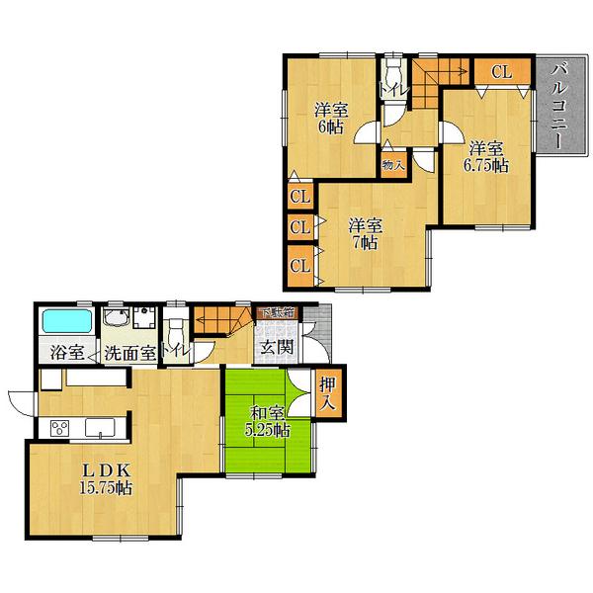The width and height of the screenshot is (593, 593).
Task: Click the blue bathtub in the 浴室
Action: coord(64,322)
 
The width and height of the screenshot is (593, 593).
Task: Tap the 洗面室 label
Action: coord(130,352)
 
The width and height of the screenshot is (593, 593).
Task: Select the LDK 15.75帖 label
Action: coord(108,478)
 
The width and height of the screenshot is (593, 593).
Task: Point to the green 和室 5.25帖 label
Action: coord(268,421)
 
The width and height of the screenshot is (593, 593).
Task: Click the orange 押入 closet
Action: coord(327,394)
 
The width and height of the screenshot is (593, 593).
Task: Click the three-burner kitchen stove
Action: coord(57,428)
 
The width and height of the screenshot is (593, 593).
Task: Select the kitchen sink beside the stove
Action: coord(100,427)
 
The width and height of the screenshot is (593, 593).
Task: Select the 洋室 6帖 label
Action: coord(330,117)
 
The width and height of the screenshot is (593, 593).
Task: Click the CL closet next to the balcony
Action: coord(500,72)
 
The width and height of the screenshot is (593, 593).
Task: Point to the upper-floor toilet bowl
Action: coord(393,74)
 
